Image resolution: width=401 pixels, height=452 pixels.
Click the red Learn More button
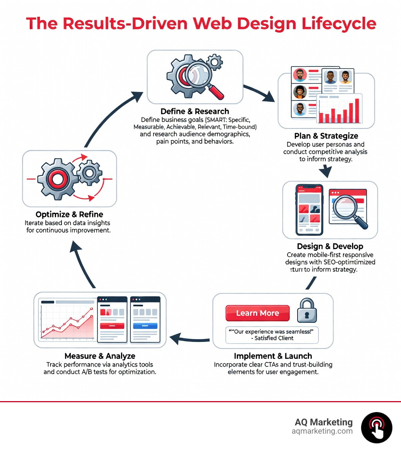click(257, 313)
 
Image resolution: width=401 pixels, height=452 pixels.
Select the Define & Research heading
click(195, 111)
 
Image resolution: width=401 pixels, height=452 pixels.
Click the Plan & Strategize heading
click(326, 136)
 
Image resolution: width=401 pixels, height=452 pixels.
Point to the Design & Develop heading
click(330, 246)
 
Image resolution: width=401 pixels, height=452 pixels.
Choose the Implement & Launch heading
click(273, 356)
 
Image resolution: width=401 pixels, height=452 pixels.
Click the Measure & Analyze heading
click(100, 356)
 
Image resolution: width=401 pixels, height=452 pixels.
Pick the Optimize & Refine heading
click(69, 214)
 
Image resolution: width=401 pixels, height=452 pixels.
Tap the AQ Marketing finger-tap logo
click(376, 428)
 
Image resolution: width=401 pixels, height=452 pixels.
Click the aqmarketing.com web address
click(322, 431)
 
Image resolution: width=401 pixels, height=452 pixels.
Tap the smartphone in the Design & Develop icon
click(309, 210)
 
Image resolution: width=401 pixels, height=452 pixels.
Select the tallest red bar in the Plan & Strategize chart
click(356, 110)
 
